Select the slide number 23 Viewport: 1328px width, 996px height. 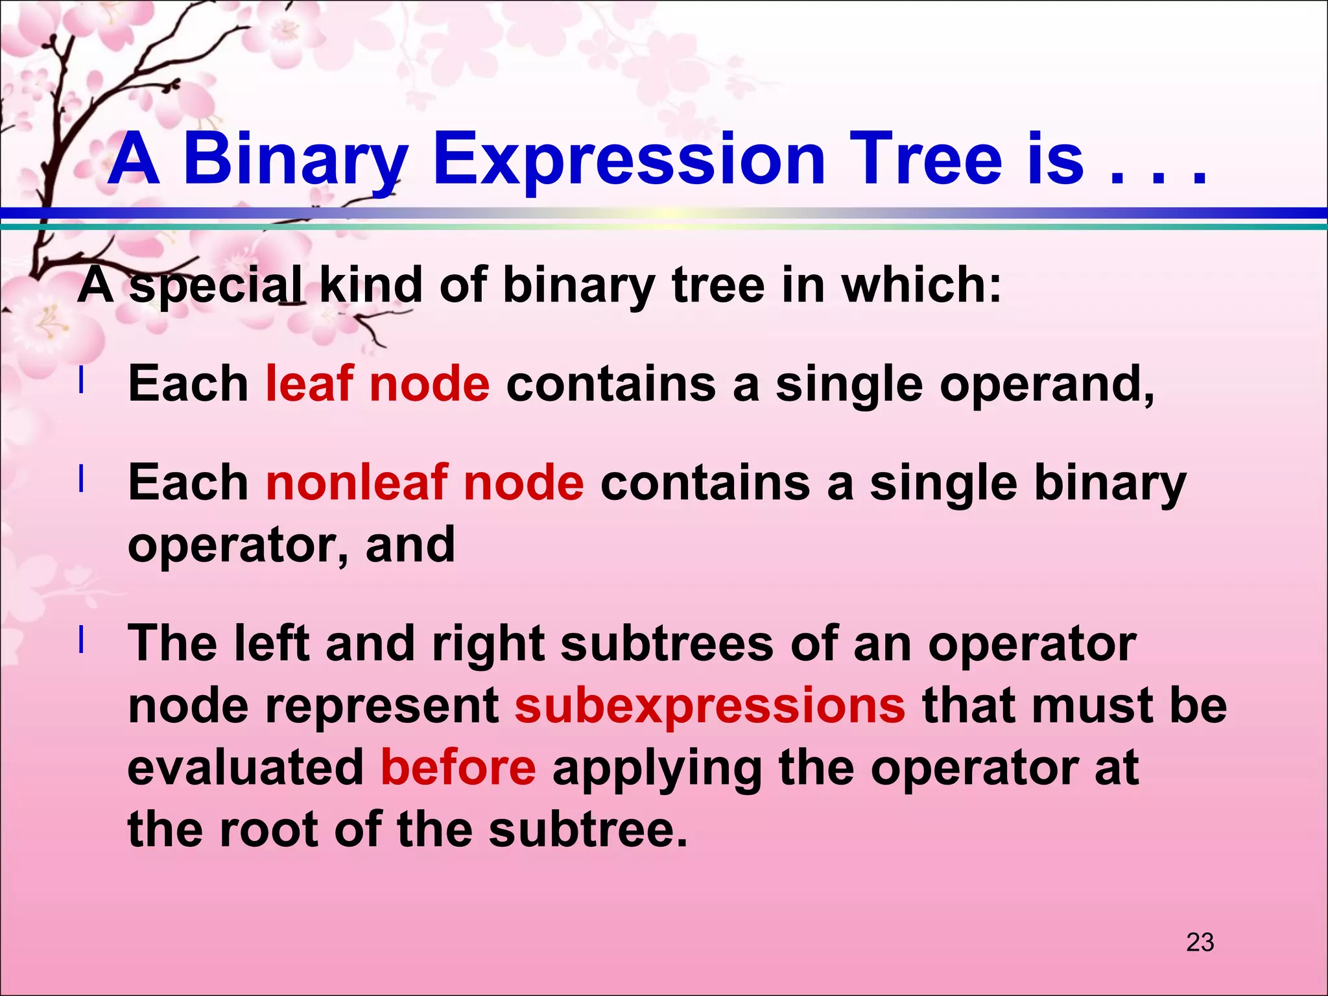pyautogui.click(x=1200, y=942)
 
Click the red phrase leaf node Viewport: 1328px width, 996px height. pyautogui.click(x=377, y=383)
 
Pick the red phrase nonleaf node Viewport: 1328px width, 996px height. pyautogui.click(x=425, y=483)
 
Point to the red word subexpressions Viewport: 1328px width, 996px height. pyautogui.click(x=710, y=705)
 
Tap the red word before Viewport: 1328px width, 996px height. pyautogui.click(x=458, y=768)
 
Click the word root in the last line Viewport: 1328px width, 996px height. pyautogui.click(x=268, y=829)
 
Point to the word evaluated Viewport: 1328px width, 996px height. pyautogui.click(x=246, y=768)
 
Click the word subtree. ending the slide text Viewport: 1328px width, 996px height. pyautogui.click(x=587, y=829)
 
